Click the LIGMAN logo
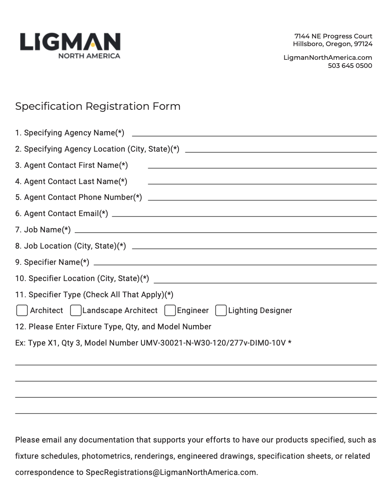tap(70, 42)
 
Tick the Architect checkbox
tap(22, 311)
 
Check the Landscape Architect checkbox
tap(76, 311)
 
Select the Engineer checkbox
tap(170, 311)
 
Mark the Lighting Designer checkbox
tap(221, 311)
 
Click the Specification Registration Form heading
tap(98, 106)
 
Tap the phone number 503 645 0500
tap(350, 66)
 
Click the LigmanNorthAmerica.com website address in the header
tap(328, 58)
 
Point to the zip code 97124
tap(363, 44)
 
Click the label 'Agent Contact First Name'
tap(71, 165)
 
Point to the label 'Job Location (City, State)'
tap(70, 246)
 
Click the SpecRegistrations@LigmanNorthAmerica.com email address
tap(171, 472)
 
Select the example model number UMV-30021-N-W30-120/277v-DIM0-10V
tap(213, 343)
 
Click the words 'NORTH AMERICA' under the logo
tap(89, 56)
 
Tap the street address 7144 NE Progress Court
tap(333, 36)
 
